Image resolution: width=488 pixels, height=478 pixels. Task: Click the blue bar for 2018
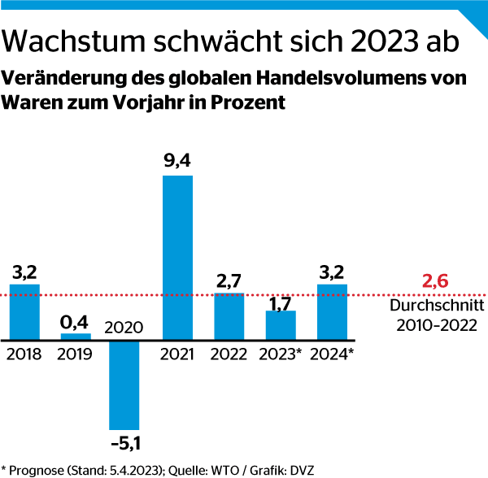tap(24, 311)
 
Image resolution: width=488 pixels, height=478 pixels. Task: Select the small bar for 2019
tap(76, 336)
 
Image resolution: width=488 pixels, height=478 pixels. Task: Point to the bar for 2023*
tap(281, 324)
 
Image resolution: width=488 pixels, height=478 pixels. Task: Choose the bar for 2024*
tap(332, 311)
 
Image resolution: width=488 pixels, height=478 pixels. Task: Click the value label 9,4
tap(177, 161)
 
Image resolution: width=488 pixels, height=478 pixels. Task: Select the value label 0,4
tap(76, 320)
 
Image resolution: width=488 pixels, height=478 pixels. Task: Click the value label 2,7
tap(229, 280)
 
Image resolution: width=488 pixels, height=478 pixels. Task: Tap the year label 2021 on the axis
tap(177, 354)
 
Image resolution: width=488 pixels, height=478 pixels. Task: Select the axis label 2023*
tap(281, 354)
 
